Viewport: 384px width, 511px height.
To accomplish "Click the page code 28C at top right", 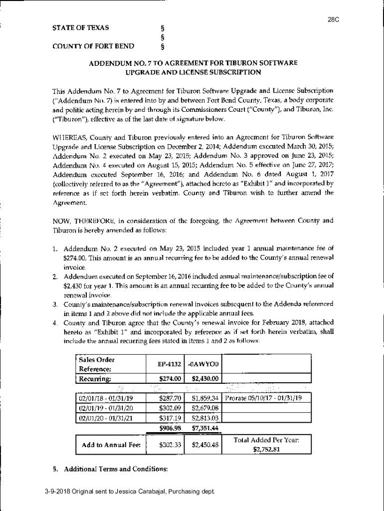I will pyautogui.click(x=333, y=20).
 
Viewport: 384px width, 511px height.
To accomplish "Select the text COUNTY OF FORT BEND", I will pyautogui.click(x=93, y=47).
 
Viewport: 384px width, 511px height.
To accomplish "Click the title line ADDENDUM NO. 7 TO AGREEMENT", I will pyautogui.click(x=193, y=63).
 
